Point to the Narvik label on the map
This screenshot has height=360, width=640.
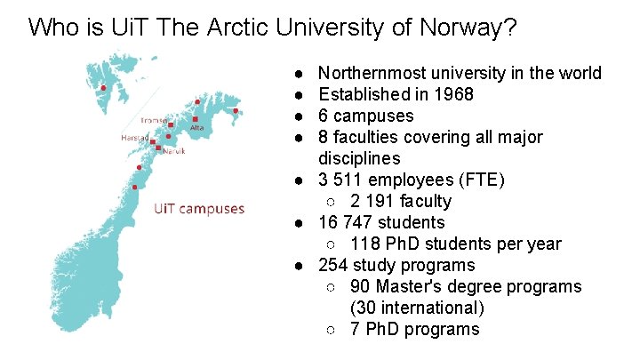(x=173, y=151)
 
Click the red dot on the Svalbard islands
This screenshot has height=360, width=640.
(x=104, y=87)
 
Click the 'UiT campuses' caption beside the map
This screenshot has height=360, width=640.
(x=199, y=209)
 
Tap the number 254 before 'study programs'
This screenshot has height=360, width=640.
(x=332, y=265)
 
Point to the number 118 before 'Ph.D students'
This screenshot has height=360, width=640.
(x=364, y=244)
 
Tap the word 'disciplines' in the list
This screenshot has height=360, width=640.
(x=359, y=158)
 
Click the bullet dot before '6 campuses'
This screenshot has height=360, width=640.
(x=301, y=116)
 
